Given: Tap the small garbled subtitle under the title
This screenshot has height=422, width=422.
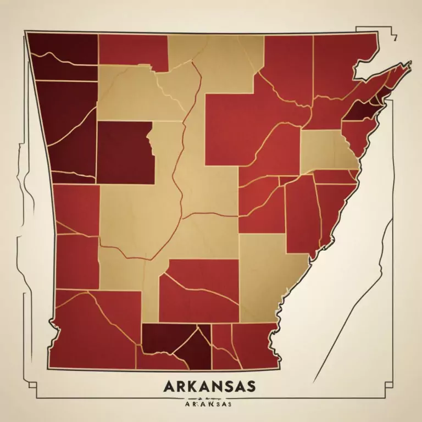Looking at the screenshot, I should (x=209, y=403).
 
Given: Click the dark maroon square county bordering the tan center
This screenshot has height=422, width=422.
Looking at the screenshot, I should (x=125, y=152).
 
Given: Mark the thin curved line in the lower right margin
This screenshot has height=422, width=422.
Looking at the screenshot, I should (x=357, y=308).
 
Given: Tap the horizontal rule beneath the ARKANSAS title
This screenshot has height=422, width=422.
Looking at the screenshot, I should (x=209, y=396).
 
